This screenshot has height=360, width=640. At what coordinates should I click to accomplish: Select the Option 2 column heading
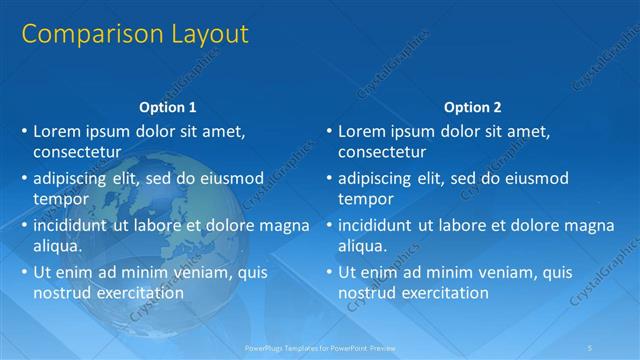point(473,107)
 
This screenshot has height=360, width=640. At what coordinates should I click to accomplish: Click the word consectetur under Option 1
point(77,153)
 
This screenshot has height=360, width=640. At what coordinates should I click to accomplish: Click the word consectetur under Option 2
point(382,153)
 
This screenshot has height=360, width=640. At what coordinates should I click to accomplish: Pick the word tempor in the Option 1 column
point(62,199)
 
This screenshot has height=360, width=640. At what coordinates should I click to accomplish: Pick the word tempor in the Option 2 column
point(367,199)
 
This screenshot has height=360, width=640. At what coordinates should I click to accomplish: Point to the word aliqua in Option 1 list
point(58,246)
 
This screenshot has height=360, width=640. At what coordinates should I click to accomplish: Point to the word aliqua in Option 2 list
point(363,246)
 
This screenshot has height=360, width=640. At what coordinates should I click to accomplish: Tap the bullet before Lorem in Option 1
point(24,131)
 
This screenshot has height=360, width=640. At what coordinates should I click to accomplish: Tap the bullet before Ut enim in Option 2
point(329,272)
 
